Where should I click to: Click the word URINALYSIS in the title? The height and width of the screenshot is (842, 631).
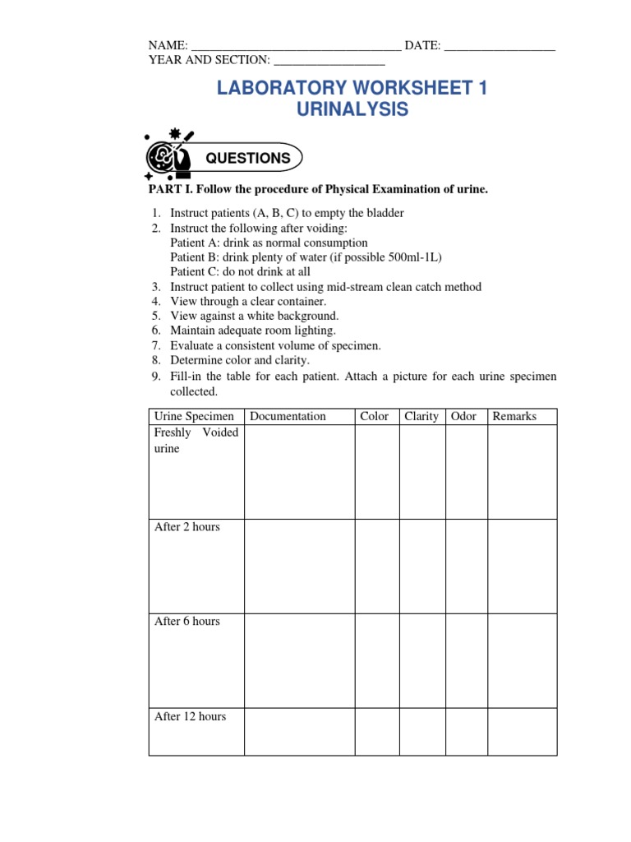pos(352,109)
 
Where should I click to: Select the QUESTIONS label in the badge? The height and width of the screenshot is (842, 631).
pos(247,158)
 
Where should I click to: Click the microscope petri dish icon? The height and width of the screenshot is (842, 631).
pos(168,155)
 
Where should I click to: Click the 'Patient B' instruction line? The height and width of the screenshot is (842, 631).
pos(306,257)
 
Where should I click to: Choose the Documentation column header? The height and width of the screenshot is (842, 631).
pos(288,416)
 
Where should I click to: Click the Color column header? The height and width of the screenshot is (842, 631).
pos(374,416)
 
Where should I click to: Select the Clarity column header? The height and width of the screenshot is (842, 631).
pos(421,416)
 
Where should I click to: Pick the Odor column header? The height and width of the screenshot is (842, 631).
pos(463,416)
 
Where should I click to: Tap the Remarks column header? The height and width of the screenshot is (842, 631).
pos(514,416)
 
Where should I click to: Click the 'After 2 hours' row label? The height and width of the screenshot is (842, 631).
pos(187,527)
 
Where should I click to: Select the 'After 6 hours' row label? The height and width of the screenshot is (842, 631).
pos(187,622)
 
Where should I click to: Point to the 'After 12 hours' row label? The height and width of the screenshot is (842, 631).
pos(190,717)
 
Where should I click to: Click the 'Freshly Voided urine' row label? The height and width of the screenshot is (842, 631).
pos(196,441)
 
